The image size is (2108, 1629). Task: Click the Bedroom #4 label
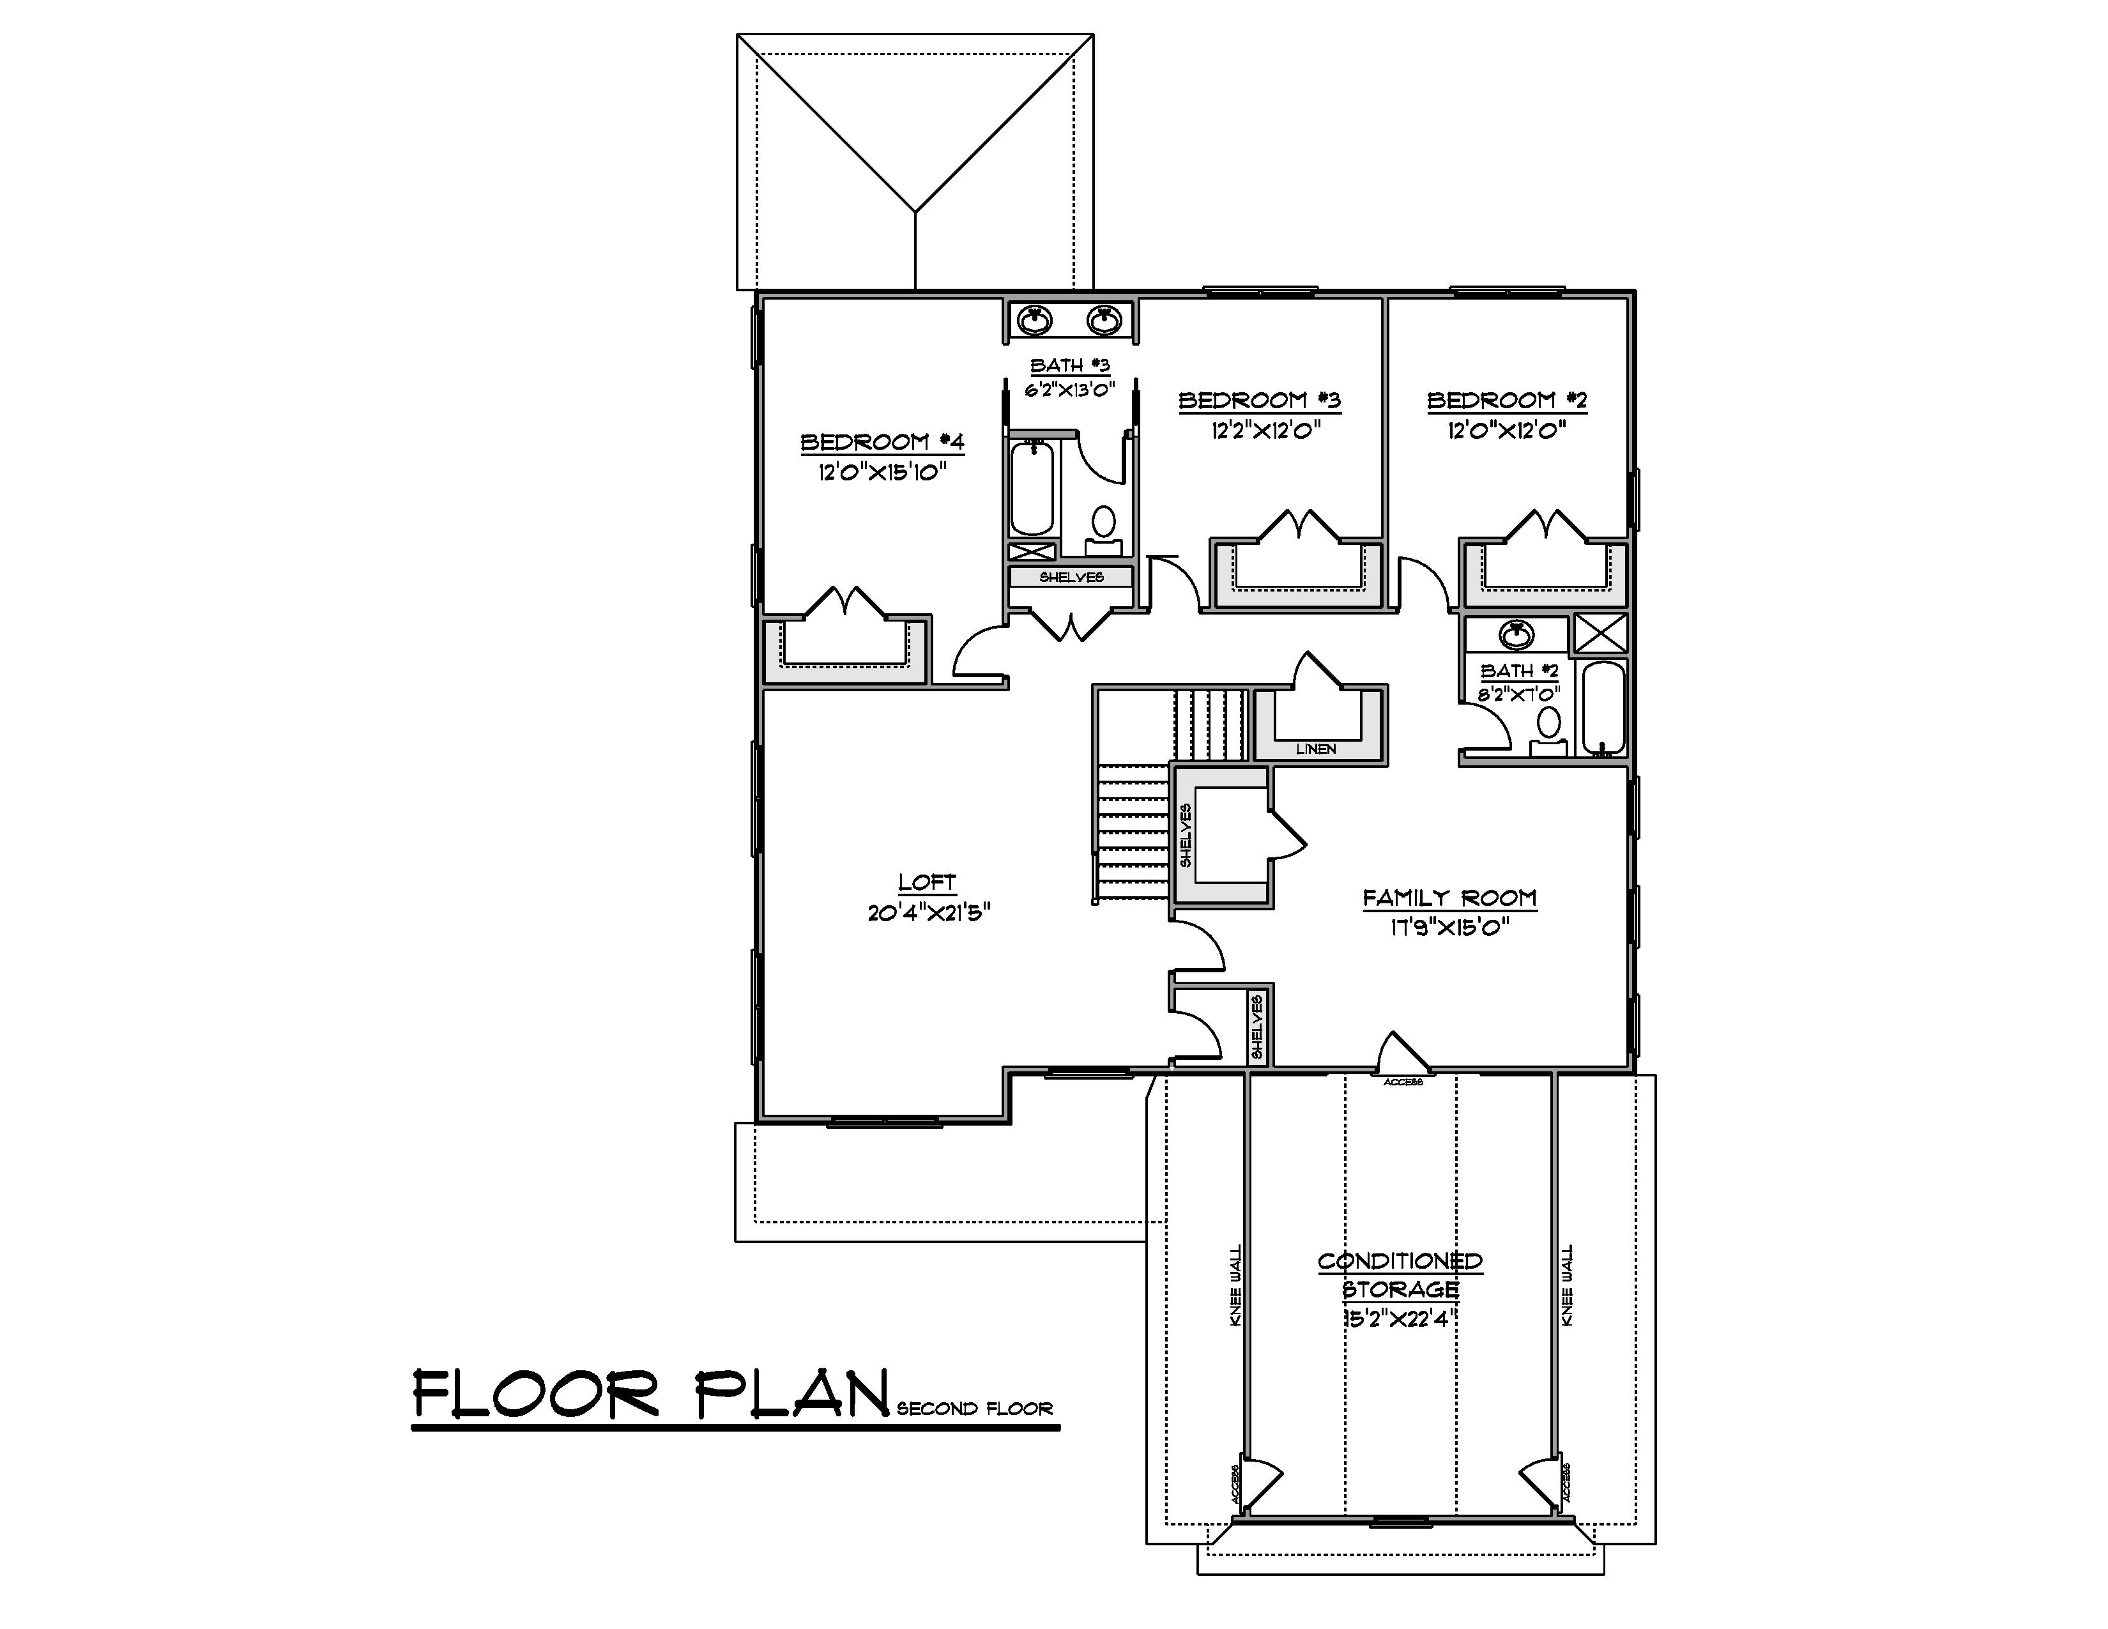[882, 442]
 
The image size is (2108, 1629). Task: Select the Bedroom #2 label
[1507, 399]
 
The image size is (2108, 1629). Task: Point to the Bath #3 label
[1069, 366]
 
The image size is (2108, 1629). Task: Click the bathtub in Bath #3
[1032, 487]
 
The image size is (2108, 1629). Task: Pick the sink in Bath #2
[1517, 635]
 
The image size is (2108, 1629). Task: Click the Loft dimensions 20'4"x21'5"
[929, 912]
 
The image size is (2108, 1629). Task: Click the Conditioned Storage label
[1400, 1275]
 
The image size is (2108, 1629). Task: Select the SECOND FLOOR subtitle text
[974, 1409]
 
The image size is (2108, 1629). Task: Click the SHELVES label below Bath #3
[1071, 577]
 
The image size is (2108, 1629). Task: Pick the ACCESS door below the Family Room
[1402, 1055]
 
